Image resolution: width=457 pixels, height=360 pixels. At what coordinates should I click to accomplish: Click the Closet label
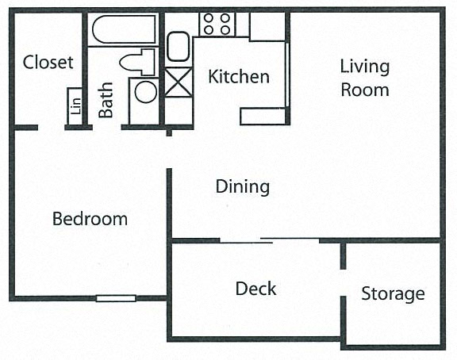click(48, 62)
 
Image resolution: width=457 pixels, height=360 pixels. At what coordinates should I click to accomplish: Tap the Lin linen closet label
click(75, 106)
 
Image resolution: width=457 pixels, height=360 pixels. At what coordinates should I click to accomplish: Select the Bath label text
click(106, 100)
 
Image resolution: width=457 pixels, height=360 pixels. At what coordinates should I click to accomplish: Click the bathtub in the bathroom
click(124, 29)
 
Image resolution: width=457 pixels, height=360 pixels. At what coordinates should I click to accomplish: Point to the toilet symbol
click(137, 62)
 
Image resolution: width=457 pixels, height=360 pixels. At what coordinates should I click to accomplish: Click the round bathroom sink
click(146, 92)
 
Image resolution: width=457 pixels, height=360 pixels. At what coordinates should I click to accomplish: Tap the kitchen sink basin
click(178, 47)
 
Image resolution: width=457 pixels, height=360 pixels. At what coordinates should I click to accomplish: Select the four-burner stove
click(217, 24)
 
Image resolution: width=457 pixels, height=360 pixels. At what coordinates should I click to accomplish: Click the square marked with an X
click(179, 82)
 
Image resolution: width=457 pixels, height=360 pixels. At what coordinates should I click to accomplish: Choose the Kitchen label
click(239, 77)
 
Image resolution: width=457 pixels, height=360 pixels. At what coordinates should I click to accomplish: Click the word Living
click(365, 67)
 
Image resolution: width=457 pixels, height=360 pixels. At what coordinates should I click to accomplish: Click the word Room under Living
click(365, 90)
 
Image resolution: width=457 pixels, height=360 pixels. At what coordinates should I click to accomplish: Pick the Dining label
click(243, 186)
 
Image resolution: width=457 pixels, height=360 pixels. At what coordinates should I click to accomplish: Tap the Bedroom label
click(90, 219)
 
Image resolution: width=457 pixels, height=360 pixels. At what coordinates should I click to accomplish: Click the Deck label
click(255, 289)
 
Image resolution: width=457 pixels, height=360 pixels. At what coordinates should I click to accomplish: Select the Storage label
click(393, 294)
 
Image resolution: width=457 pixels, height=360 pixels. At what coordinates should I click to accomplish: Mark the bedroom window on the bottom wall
click(116, 298)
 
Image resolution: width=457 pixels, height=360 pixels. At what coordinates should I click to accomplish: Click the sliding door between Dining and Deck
click(269, 240)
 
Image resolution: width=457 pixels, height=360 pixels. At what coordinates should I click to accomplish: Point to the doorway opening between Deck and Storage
click(344, 283)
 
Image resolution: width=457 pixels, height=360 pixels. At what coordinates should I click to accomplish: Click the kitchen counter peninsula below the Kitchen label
click(263, 117)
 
